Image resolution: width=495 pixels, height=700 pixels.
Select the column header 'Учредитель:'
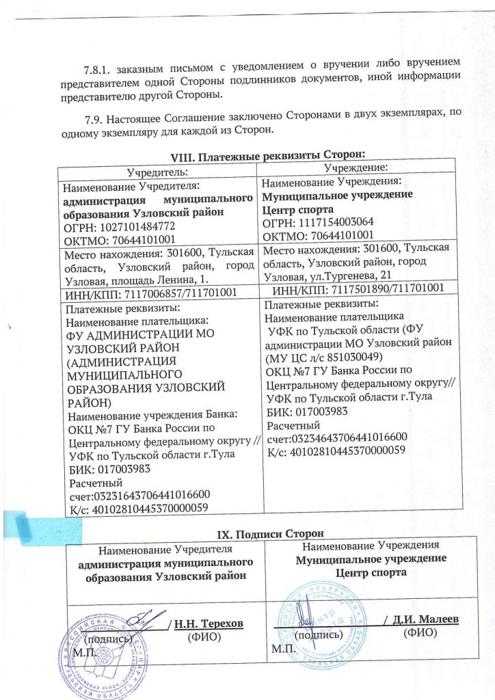[158, 172]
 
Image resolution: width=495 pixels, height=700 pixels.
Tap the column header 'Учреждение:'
[357, 167]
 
